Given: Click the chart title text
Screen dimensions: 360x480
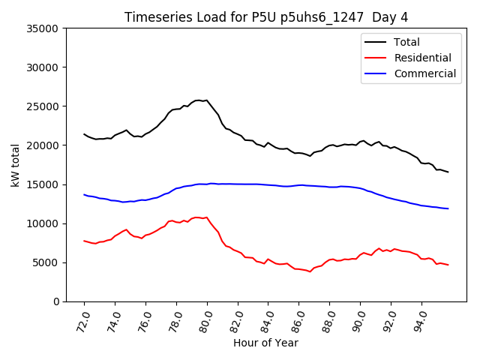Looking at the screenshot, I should [266, 17].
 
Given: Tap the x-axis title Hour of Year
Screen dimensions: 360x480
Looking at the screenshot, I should [265, 343].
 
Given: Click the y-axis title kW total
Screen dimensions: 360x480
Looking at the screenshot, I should [16, 164].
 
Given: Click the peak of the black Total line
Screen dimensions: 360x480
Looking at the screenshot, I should [199, 100].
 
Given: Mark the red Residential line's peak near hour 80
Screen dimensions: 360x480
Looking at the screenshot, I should [197, 217].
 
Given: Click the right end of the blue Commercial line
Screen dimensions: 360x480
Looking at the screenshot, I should [448, 208].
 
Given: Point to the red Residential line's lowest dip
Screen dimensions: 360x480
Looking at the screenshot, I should [310, 271].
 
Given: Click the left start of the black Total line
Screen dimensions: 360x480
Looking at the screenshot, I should [84, 134].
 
